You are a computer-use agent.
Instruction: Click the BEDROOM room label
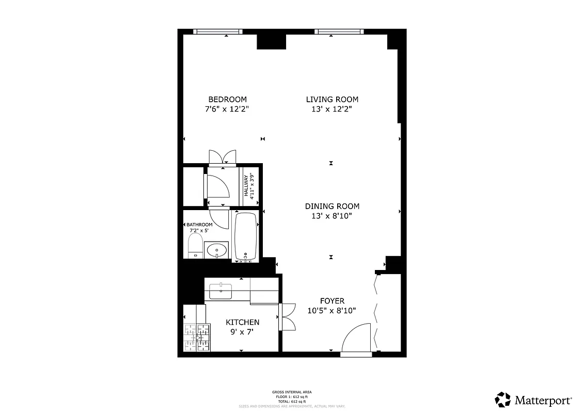click(227, 100)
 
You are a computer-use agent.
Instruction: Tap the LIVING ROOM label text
click(332, 100)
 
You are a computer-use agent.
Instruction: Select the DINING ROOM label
click(332, 206)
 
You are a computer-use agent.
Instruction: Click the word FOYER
click(332, 301)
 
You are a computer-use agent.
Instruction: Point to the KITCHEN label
click(243, 322)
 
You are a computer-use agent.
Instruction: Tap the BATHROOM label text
click(199, 225)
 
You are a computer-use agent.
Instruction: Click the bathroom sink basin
click(217, 250)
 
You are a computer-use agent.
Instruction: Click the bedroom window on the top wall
click(217, 32)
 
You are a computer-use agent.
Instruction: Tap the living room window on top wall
click(339, 32)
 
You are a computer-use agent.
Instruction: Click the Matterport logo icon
click(503, 400)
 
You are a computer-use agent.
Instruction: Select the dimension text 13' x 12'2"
click(332, 109)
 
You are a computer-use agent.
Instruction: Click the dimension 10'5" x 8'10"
click(332, 311)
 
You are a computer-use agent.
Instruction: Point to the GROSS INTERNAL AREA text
click(292, 392)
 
